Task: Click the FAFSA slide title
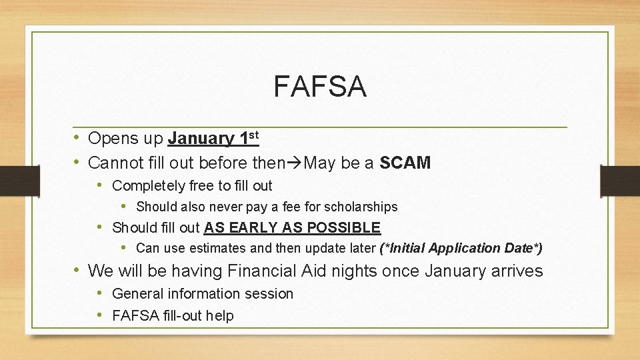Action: (320, 87)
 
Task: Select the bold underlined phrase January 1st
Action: (213, 139)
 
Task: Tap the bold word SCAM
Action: (405, 162)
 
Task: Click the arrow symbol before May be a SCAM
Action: (295, 162)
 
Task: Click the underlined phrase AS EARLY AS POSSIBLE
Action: (292, 227)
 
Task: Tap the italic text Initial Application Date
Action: (460, 248)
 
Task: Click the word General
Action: (138, 293)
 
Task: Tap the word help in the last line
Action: (219, 315)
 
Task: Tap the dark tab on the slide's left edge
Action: (11, 180)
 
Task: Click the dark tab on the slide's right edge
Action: (619, 180)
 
